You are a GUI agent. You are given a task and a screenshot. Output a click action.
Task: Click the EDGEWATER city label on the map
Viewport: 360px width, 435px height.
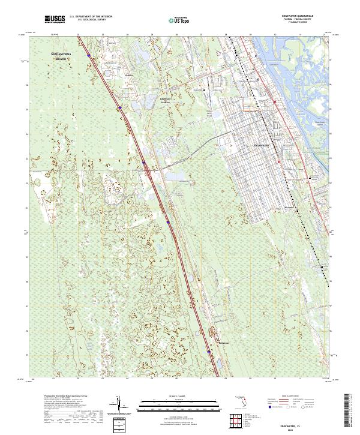(262, 146)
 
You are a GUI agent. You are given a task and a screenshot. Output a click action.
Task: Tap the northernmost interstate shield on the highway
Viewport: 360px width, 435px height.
(89, 55)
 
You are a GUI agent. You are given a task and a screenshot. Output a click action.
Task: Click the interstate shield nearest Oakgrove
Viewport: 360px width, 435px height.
(209, 351)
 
